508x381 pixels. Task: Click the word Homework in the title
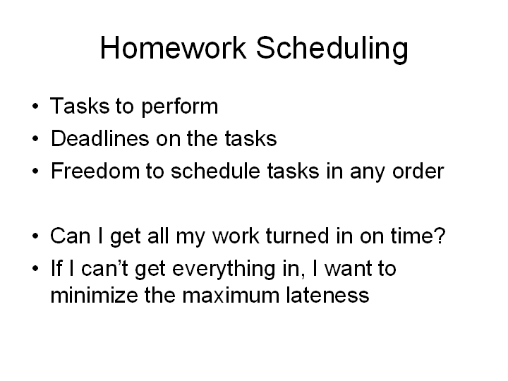click(x=173, y=48)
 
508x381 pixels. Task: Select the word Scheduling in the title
click(x=332, y=49)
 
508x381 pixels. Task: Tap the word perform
click(x=180, y=107)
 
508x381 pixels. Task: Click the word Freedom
click(x=95, y=171)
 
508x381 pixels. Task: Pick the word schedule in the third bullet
click(x=215, y=171)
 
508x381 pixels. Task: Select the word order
click(x=418, y=171)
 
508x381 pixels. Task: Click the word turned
click(x=298, y=236)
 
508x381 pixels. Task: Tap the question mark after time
click(x=440, y=235)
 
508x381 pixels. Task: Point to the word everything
click(x=224, y=270)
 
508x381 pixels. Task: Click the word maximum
click(x=231, y=296)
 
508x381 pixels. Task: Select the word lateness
click(x=327, y=295)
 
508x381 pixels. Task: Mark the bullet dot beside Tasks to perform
click(x=36, y=106)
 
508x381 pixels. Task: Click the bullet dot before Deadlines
click(x=36, y=138)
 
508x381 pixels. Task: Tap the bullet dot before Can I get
click(x=36, y=236)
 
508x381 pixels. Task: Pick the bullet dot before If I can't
click(x=36, y=268)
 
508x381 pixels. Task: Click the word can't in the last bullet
click(x=104, y=268)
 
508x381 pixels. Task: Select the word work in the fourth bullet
click(x=236, y=236)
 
